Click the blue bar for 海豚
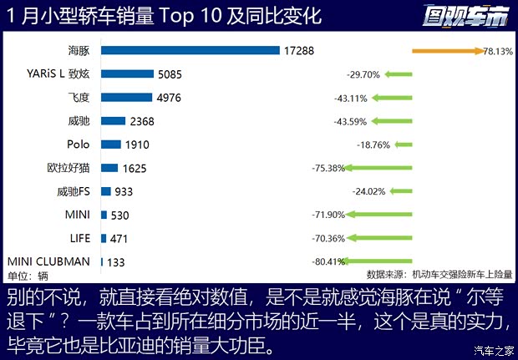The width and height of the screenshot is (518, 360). (190, 51)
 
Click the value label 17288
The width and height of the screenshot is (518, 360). (299, 51)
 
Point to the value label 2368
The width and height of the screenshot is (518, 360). (142, 121)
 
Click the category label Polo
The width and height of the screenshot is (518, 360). (78, 145)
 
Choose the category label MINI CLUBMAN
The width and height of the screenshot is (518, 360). (48, 261)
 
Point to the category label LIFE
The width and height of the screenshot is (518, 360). (78, 238)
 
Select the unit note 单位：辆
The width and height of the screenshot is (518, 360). (27, 276)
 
